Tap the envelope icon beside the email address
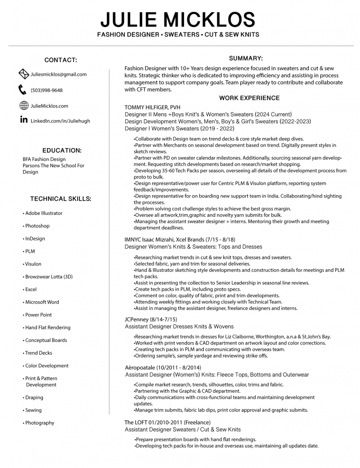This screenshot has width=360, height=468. (24, 74)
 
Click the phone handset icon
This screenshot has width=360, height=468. (22, 90)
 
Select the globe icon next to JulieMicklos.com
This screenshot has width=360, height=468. (24, 106)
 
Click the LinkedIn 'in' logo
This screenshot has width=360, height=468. (24, 120)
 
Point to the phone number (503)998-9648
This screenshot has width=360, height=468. (47, 90)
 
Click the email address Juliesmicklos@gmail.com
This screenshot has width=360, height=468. (58, 74)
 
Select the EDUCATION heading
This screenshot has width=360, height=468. (62, 150)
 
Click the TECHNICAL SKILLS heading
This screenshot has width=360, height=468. (60, 199)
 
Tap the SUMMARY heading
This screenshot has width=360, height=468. (245, 58)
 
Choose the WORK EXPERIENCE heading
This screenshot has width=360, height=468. (249, 98)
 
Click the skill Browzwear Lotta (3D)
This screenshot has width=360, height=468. (49, 277)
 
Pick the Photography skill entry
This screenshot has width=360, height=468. (40, 423)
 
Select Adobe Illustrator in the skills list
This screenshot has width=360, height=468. (44, 213)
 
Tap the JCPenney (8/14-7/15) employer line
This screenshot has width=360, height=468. (151, 319)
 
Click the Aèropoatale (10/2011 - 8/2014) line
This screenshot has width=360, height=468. (163, 367)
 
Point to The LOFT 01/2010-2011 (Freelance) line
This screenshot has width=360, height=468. (167, 422)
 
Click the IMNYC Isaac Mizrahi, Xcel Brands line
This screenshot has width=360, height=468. (180, 239)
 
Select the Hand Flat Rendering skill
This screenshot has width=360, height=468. (48, 327)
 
